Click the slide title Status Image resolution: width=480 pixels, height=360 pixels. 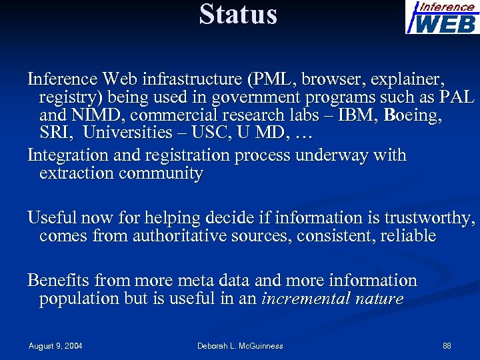coord(238,15)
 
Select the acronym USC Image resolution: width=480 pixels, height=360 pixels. coord(209,133)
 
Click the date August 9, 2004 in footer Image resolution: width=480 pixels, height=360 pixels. coord(55,346)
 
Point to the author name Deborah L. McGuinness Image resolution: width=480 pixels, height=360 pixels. coord(240,346)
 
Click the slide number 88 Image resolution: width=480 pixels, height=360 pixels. coord(447,346)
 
